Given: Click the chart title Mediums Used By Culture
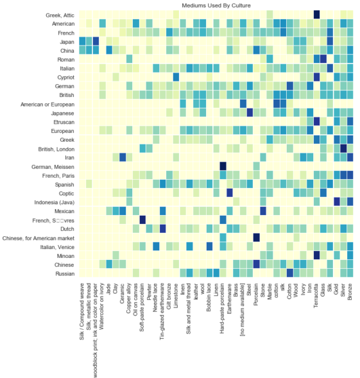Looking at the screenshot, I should (x=216, y=5).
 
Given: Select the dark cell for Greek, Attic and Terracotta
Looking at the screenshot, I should (x=316, y=15).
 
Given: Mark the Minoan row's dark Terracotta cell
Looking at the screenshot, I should (x=316, y=255).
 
